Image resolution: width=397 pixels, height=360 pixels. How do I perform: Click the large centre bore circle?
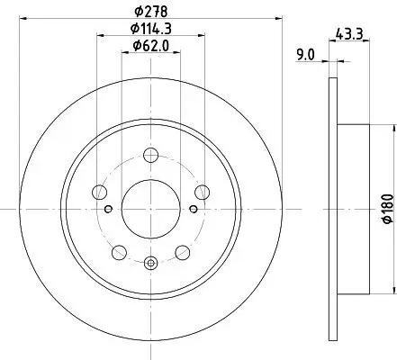[x=149, y=208]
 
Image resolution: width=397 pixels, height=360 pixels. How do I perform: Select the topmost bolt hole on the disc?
[x=149, y=162]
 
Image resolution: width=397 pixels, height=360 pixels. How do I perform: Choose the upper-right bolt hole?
[x=202, y=190]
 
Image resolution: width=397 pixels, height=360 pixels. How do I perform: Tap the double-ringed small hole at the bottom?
[x=149, y=263]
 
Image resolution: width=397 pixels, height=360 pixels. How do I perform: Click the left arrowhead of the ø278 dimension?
[x=22, y=21]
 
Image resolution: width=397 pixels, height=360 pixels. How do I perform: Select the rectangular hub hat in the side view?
[x=353, y=208]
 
